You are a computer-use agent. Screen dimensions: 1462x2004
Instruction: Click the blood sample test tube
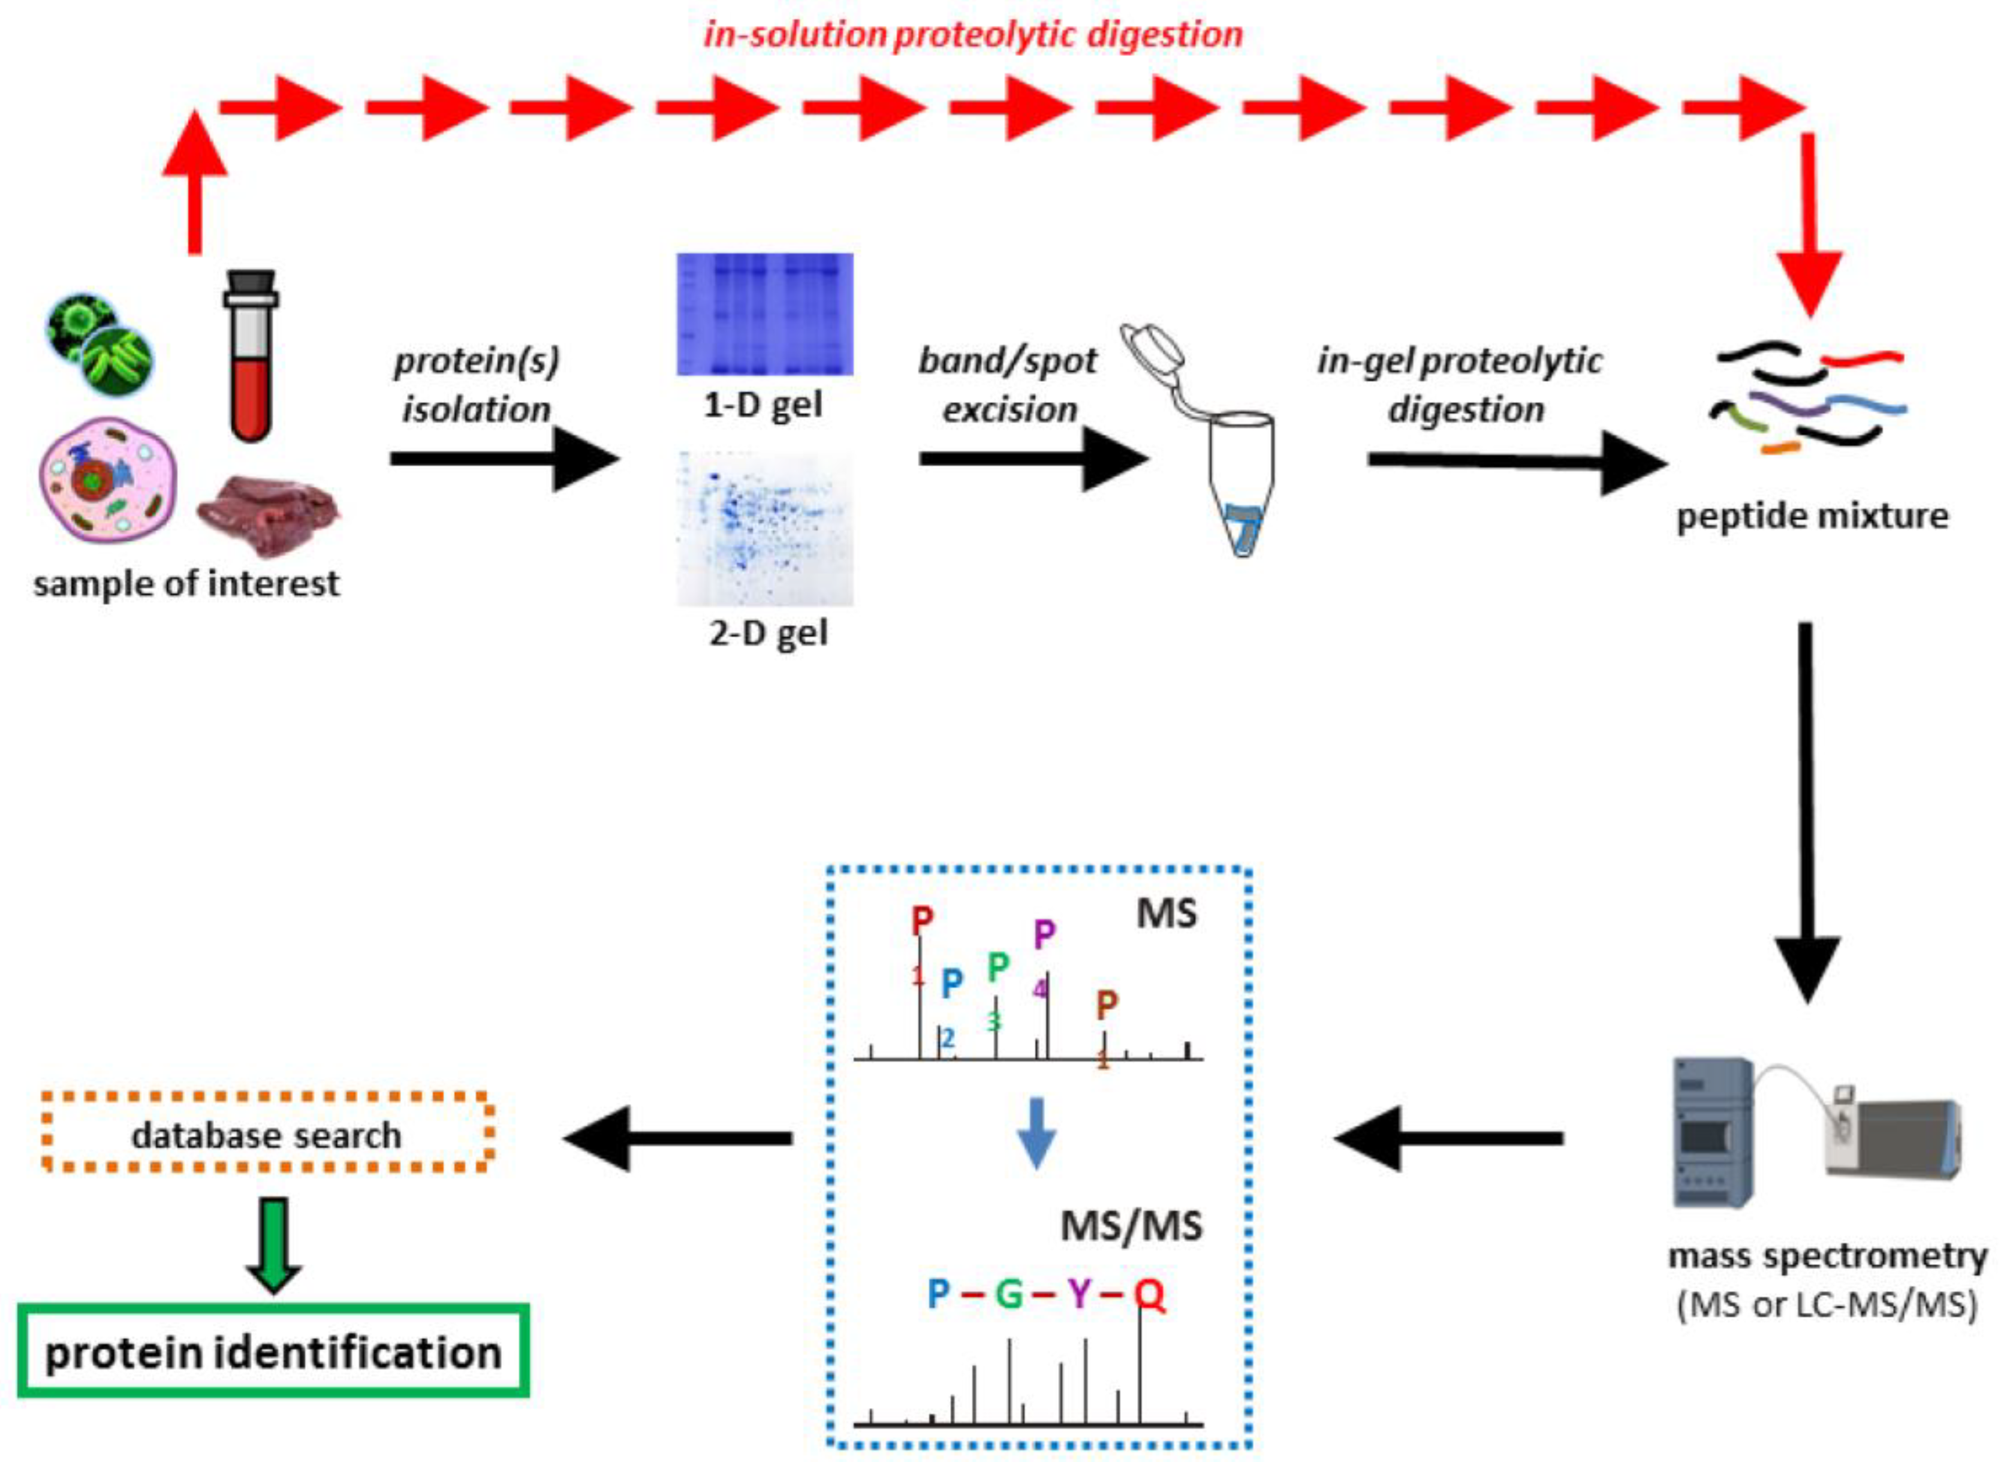point(251,358)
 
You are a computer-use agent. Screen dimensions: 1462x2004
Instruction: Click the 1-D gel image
point(765,314)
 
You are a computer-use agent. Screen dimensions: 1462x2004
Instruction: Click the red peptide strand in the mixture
point(1861,358)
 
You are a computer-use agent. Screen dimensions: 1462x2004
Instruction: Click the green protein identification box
point(273,1351)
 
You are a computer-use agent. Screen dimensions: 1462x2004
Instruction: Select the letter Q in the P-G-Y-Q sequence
point(1149,1294)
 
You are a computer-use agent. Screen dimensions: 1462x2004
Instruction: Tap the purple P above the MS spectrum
point(1044,934)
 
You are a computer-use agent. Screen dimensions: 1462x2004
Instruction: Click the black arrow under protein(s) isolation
point(505,459)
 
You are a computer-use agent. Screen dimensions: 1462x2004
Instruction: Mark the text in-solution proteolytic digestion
point(973,35)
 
